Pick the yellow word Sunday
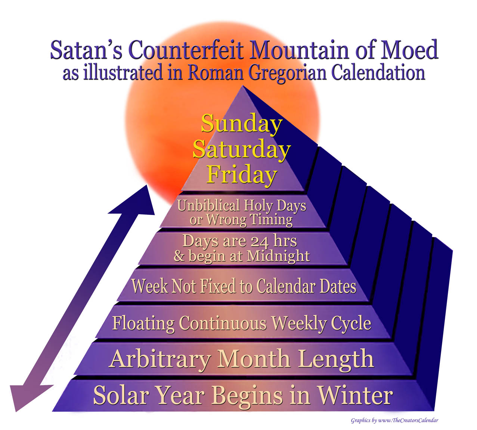pos(242,124)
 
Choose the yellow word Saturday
pos(242,150)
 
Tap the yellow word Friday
pos(242,175)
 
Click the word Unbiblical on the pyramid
pos(208,205)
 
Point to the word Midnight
pos(278,256)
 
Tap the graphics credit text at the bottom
pos(394,420)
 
